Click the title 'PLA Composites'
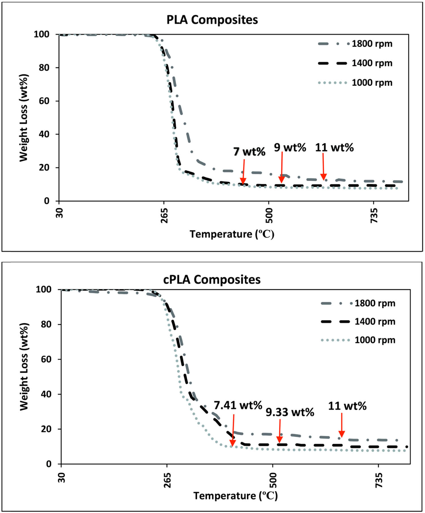pyautogui.click(x=212, y=20)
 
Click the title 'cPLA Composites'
pyautogui.click(x=212, y=280)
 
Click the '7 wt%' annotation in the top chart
pyautogui.click(x=249, y=152)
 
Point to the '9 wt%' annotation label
pyautogui.click(x=290, y=147)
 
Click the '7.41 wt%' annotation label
pyautogui.click(x=238, y=405)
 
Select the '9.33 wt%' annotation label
pyautogui.click(x=290, y=412)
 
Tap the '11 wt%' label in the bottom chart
pyautogui.click(x=347, y=406)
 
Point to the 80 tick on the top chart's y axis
pyautogui.click(x=45, y=67)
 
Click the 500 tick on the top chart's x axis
pyautogui.click(x=269, y=216)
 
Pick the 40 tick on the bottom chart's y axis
pyautogui.click(x=46, y=394)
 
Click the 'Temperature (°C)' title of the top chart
pyautogui.click(x=232, y=234)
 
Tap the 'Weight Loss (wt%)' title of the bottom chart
pyautogui.click(x=24, y=366)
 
